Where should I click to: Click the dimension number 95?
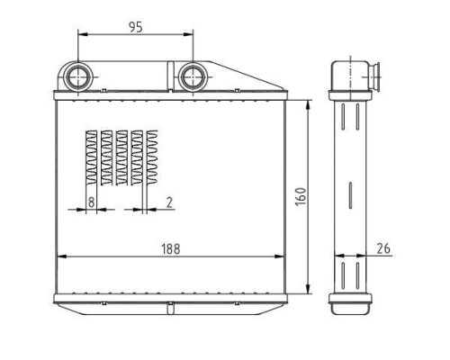point(136,27)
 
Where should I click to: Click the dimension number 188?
point(171,249)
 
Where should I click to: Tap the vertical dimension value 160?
point(301,197)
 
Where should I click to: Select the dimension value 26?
point(383,248)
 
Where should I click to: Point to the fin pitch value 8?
point(91,202)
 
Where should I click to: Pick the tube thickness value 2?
point(169,202)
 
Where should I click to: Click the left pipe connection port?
point(78,76)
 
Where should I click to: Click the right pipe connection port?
point(193,76)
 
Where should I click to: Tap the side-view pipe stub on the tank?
point(374,76)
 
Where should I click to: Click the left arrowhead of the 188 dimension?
point(61,256)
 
